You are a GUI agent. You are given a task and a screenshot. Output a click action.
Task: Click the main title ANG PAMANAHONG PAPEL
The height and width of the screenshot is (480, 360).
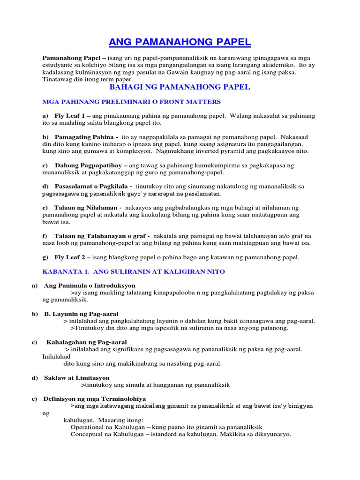pyautogui.click(x=180, y=43)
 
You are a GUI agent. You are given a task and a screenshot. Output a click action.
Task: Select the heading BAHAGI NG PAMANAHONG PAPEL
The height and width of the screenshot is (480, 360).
pyautogui.click(x=180, y=88)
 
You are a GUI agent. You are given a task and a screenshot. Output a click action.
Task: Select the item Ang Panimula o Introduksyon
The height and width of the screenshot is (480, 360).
pyautogui.click(x=90, y=285)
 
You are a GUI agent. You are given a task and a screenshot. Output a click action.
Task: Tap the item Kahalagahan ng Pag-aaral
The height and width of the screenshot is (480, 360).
pyautogui.click(x=86, y=342)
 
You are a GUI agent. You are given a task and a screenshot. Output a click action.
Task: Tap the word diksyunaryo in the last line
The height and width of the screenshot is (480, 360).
pyautogui.click(x=270, y=434)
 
